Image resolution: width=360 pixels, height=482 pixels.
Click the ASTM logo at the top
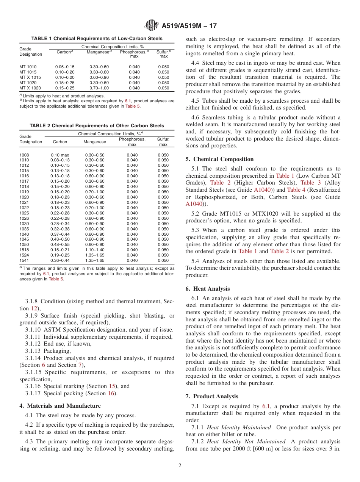tap(152, 26)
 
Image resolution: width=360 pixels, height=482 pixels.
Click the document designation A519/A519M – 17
tap(189, 26)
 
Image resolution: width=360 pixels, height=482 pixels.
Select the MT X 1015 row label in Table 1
tap(30, 77)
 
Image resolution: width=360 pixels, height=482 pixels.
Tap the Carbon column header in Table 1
tap(65, 52)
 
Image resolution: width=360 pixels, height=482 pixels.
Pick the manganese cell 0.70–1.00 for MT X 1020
tap(99, 88)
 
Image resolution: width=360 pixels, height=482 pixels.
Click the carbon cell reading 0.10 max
tap(60, 155)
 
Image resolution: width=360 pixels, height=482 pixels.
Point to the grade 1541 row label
tap(24, 260)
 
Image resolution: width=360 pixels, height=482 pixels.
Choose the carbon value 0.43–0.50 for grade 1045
tap(60, 239)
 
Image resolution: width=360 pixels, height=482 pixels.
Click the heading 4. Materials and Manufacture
tap(60, 405)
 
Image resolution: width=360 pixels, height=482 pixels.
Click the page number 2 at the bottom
tap(180, 466)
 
